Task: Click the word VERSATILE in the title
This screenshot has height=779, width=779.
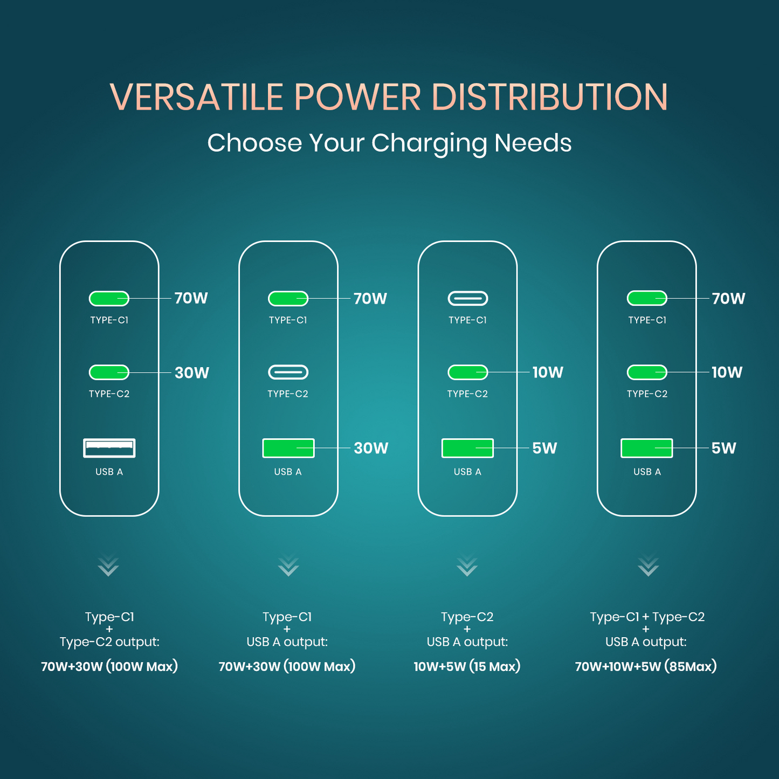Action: (x=196, y=98)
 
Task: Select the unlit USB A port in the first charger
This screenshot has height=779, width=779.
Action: (x=109, y=448)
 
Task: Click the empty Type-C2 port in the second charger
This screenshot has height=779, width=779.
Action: (x=288, y=372)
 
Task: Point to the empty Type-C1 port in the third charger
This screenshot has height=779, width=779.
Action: (x=467, y=298)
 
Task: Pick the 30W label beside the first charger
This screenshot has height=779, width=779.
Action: (x=191, y=373)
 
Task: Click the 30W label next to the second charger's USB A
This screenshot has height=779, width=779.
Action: (x=371, y=448)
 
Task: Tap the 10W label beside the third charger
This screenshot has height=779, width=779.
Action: (x=548, y=372)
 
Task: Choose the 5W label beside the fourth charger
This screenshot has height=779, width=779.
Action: (x=723, y=448)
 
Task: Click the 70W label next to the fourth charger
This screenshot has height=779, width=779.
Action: (x=728, y=299)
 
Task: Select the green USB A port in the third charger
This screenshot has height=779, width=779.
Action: (x=467, y=448)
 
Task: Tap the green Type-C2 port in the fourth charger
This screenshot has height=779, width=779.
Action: (x=647, y=372)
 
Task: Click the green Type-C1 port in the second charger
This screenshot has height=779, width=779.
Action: (x=288, y=298)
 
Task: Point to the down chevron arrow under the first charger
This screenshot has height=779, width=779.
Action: (x=108, y=566)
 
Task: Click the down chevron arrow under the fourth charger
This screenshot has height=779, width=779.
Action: (x=648, y=566)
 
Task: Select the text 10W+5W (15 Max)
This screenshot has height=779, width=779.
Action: (x=467, y=667)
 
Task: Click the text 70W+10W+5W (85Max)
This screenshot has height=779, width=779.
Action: (x=646, y=667)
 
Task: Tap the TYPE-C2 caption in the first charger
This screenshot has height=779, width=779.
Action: (x=109, y=394)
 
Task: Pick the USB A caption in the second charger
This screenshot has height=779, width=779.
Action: (x=288, y=472)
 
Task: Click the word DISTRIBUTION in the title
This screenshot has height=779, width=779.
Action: (x=549, y=98)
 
